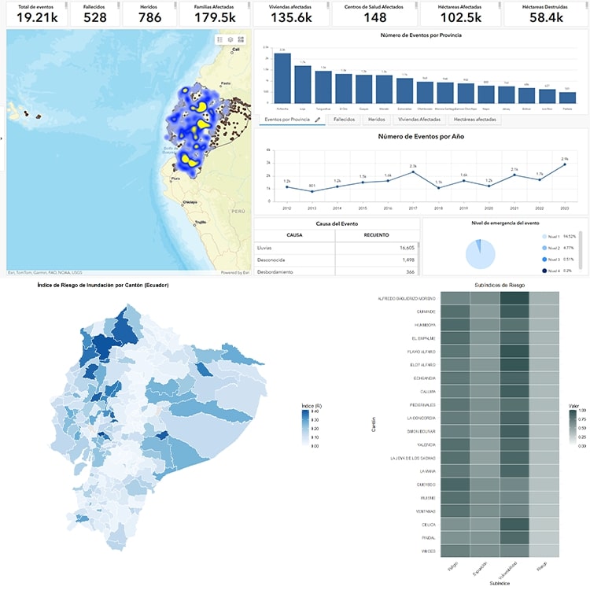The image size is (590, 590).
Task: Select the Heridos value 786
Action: click(149, 17)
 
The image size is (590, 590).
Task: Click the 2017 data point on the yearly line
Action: click(413, 171)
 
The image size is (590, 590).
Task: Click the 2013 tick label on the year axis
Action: click(312, 208)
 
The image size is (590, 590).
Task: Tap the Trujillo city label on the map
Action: click(201, 222)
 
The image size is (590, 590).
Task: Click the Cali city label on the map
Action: click(234, 50)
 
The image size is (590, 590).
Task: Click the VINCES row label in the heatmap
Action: click(427, 551)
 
